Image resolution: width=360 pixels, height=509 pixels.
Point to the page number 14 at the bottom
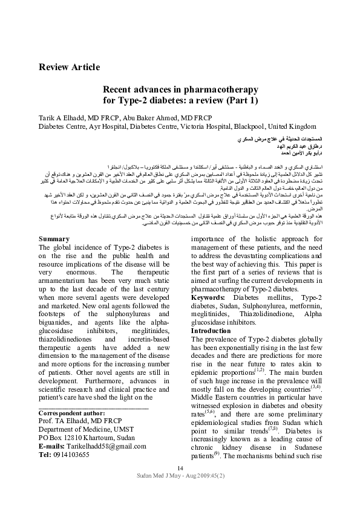click(x=180, y=486)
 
